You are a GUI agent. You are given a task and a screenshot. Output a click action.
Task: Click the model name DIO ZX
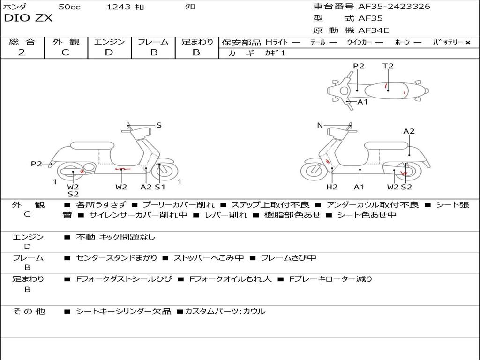pos(28,18)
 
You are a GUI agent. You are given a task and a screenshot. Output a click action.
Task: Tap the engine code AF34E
pos(374,30)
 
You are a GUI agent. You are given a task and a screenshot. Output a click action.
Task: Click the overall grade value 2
pos(22,52)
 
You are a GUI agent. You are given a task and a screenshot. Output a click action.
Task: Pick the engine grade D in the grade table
pos(109,52)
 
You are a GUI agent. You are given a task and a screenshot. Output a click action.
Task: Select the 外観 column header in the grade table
pos(66,42)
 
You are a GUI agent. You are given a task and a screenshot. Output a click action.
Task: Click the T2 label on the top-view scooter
pos(388,66)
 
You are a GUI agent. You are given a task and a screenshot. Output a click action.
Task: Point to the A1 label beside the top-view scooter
pos(362,102)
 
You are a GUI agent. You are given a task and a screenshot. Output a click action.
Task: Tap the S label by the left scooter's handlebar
pos(158,125)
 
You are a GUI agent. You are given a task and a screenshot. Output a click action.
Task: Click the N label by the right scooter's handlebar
pos(320,125)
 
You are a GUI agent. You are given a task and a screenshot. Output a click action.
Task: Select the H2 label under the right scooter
pos(332,187)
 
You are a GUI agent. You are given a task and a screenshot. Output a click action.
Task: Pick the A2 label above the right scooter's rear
pos(409,131)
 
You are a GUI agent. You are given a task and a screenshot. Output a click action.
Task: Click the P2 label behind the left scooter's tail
pos(37,164)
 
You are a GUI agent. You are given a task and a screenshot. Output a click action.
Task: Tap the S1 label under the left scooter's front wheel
pos(160,187)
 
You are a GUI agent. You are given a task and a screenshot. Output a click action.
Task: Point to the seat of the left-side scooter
pos(92,145)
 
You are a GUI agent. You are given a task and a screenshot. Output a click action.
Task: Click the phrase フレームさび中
pos(288,258)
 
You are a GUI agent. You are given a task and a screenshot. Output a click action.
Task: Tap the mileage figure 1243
pos(119,7)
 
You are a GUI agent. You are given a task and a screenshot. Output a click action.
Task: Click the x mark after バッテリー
pos(468,43)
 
